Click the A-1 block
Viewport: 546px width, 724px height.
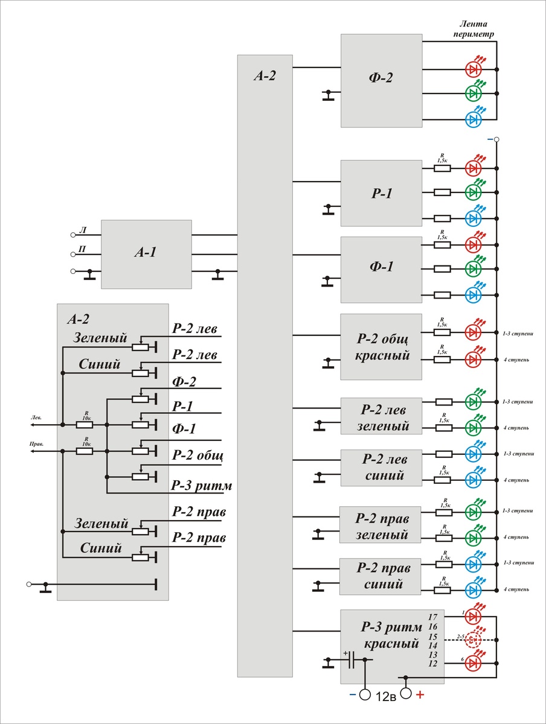click(x=146, y=253)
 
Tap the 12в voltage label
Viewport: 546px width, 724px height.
click(x=385, y=696)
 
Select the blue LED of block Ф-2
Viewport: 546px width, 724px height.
click(x=474, y=119)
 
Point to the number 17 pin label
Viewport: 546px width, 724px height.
click(x=432, y=617)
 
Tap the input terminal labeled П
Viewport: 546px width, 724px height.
click(x=74, y=251)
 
